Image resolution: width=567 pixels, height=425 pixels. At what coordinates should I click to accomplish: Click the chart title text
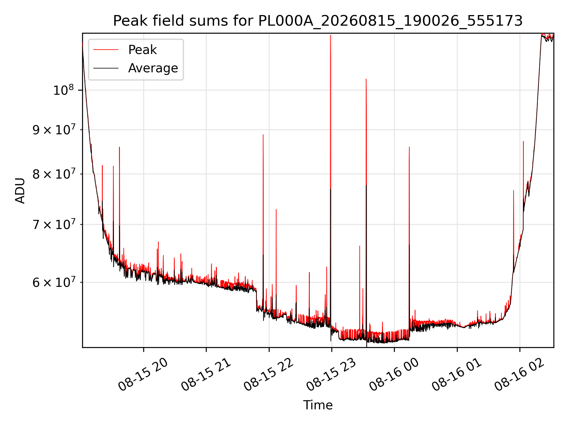point(318,21)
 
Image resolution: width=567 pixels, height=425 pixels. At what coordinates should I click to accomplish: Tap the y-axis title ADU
point(20,190)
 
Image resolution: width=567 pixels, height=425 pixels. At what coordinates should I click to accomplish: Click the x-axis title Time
point(318,405)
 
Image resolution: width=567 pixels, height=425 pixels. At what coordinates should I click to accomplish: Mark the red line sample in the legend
point(106,50)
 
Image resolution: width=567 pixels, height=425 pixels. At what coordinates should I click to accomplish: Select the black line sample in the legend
point(106,68)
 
